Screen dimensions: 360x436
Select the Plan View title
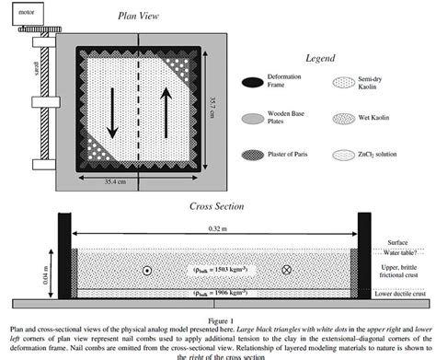point(137,15)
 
